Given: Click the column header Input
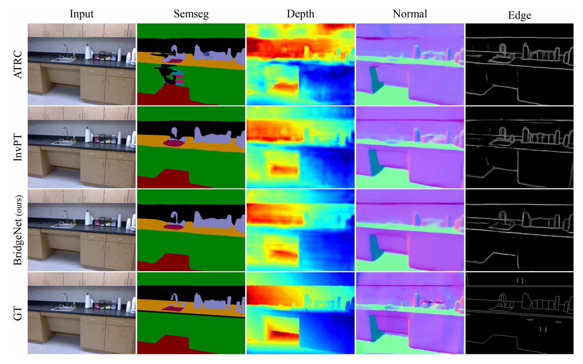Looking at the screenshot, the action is (81, 14).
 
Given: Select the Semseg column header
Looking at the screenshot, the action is (191, 14).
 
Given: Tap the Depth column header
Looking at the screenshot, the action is (300, 14).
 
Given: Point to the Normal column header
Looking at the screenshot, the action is (409, 14).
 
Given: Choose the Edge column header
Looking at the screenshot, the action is (520, 15).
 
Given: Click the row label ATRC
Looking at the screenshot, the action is (18, 64).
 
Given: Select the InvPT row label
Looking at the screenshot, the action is (18, 147).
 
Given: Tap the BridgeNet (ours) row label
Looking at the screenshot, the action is (18, 230).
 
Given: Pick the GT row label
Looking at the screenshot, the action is (18, 313).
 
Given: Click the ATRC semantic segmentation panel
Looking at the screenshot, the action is (191, 64).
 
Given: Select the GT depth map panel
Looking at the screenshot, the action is (300, 313).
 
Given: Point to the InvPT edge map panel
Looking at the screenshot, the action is (520, 147).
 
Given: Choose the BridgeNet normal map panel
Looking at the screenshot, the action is (410, 230).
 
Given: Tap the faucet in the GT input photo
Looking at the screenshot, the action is (65, 300).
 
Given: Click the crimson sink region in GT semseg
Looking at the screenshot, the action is (172, 309).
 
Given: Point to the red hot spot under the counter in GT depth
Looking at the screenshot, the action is (284, 335).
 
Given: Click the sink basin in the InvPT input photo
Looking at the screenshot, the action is (63, 142).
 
